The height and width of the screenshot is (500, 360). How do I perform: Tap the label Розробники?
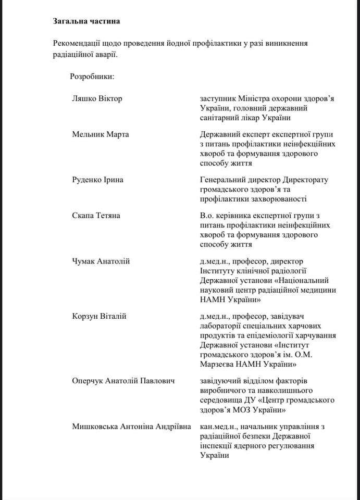[x=92, y=77]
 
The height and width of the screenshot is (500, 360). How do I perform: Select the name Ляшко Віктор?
[x=97, y=98]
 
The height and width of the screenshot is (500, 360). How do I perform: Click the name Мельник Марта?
[x=101, y=134]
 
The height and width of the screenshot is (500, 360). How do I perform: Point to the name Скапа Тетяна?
[x=96, y=215]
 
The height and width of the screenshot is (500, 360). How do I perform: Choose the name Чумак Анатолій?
[x=101, y=261]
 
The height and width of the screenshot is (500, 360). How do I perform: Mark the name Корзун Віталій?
[x=99, y=316]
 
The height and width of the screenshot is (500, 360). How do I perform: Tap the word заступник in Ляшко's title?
[x=218, y=98]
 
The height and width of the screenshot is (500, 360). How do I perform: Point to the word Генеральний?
[x=222, y=180]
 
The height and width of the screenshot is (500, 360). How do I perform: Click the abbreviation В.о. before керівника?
[x=207, y=215]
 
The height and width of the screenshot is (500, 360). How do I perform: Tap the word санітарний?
[x=221, y=117]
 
